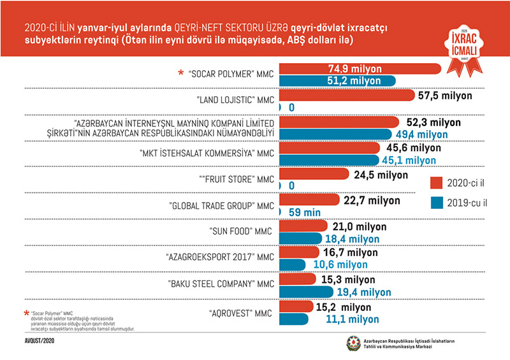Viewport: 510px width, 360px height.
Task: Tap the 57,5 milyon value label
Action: coord(446,96)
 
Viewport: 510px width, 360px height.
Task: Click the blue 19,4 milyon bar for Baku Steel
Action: coord(306,291)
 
